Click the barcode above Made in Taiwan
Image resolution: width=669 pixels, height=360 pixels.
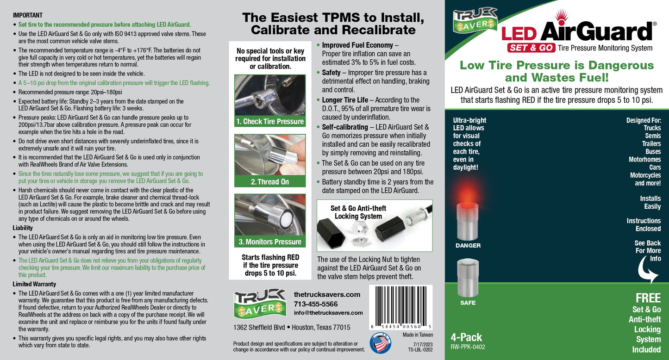(401, 307)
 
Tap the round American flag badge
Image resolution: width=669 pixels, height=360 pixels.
(380, 343)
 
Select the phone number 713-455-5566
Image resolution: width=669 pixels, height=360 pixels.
(316, 304)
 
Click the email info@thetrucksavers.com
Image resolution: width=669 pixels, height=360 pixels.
(328, 313)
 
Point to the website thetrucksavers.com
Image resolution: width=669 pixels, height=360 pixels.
(327, 295)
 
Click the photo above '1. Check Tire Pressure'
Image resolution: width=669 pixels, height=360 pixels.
(270, 95)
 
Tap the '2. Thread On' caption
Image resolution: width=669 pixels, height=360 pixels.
(270, 182)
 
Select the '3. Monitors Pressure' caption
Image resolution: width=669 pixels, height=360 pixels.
(270, 242)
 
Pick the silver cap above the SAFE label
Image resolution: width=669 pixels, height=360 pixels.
(468, 278)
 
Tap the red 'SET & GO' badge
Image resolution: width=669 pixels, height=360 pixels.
(531, 48)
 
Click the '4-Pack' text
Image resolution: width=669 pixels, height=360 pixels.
(466, 337)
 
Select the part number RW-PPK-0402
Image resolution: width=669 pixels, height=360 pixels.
(468, 347)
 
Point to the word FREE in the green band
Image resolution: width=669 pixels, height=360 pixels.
(648, 298)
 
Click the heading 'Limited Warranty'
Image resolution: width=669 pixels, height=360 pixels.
(34, 284)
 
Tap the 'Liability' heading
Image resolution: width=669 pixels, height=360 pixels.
(22, 228)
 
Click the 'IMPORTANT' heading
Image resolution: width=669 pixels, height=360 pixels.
(28, 15)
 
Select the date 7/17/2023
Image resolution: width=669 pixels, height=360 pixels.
(423, 344)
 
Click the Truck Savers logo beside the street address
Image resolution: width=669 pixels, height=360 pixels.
(260, 304)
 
